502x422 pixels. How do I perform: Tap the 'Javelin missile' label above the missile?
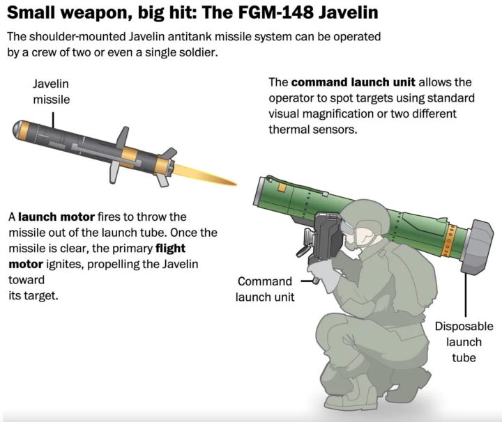51,92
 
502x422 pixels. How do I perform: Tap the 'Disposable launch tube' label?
463,342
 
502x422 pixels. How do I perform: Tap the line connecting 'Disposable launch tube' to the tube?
465,292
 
